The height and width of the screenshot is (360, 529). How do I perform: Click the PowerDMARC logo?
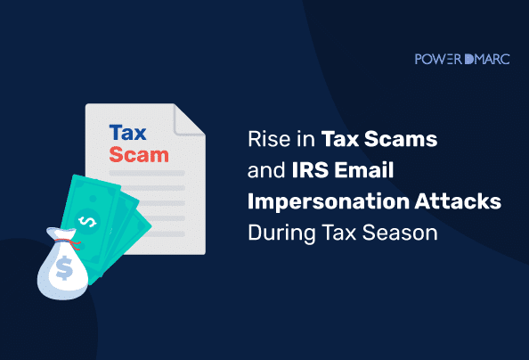coord(462,59)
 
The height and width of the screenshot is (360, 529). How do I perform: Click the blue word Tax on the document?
coord(127,133)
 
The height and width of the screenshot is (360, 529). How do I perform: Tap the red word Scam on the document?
coord(139,155)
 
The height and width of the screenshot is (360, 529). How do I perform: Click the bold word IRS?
coord(310,169)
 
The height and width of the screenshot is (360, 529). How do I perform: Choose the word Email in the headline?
coord(364,169)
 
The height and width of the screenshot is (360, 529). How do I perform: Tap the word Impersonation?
coord(329,202)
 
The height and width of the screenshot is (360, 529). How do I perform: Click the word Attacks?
coord(458,201)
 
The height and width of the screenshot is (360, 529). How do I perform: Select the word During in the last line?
coord(281,233)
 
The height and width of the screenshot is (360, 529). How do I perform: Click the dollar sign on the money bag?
coord(64,268)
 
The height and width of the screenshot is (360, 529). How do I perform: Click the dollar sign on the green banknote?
coord(87,221)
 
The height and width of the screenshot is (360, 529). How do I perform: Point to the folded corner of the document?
coord(189,120)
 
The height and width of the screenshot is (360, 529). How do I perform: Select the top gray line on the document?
coord(147,173)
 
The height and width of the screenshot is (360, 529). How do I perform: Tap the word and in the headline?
coord(266,170)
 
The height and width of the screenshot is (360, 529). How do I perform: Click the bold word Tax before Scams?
coord(339,139)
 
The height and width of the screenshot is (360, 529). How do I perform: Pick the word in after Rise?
coord(305,139)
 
